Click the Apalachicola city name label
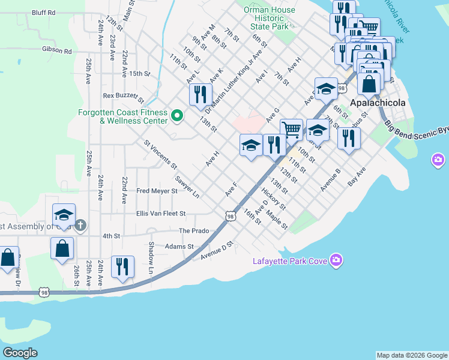tap(378, 103)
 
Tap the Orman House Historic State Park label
tap(270, 18)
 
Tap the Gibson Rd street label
tap(56, 51)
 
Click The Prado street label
tap(193, 230)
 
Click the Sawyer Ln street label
tap(187, 187)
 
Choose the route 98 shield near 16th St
tap(231, 216)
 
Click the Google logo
tap(20, 353)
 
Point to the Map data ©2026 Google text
tap(411, 355)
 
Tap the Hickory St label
tap(273, 200)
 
